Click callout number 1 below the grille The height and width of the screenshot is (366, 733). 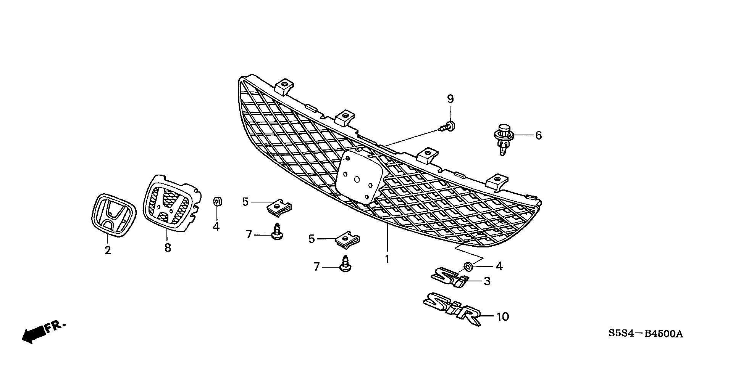(387, 259)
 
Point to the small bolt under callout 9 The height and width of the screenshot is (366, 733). (448, 127)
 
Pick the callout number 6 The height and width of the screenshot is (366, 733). (538, 135)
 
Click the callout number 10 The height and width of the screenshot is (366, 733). (503, 317)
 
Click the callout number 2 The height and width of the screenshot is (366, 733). (108, 250)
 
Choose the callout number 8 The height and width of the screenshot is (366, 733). (168, 248)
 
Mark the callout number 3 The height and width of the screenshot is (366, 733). (487, 281)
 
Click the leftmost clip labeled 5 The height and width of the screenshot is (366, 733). (279, 207)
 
